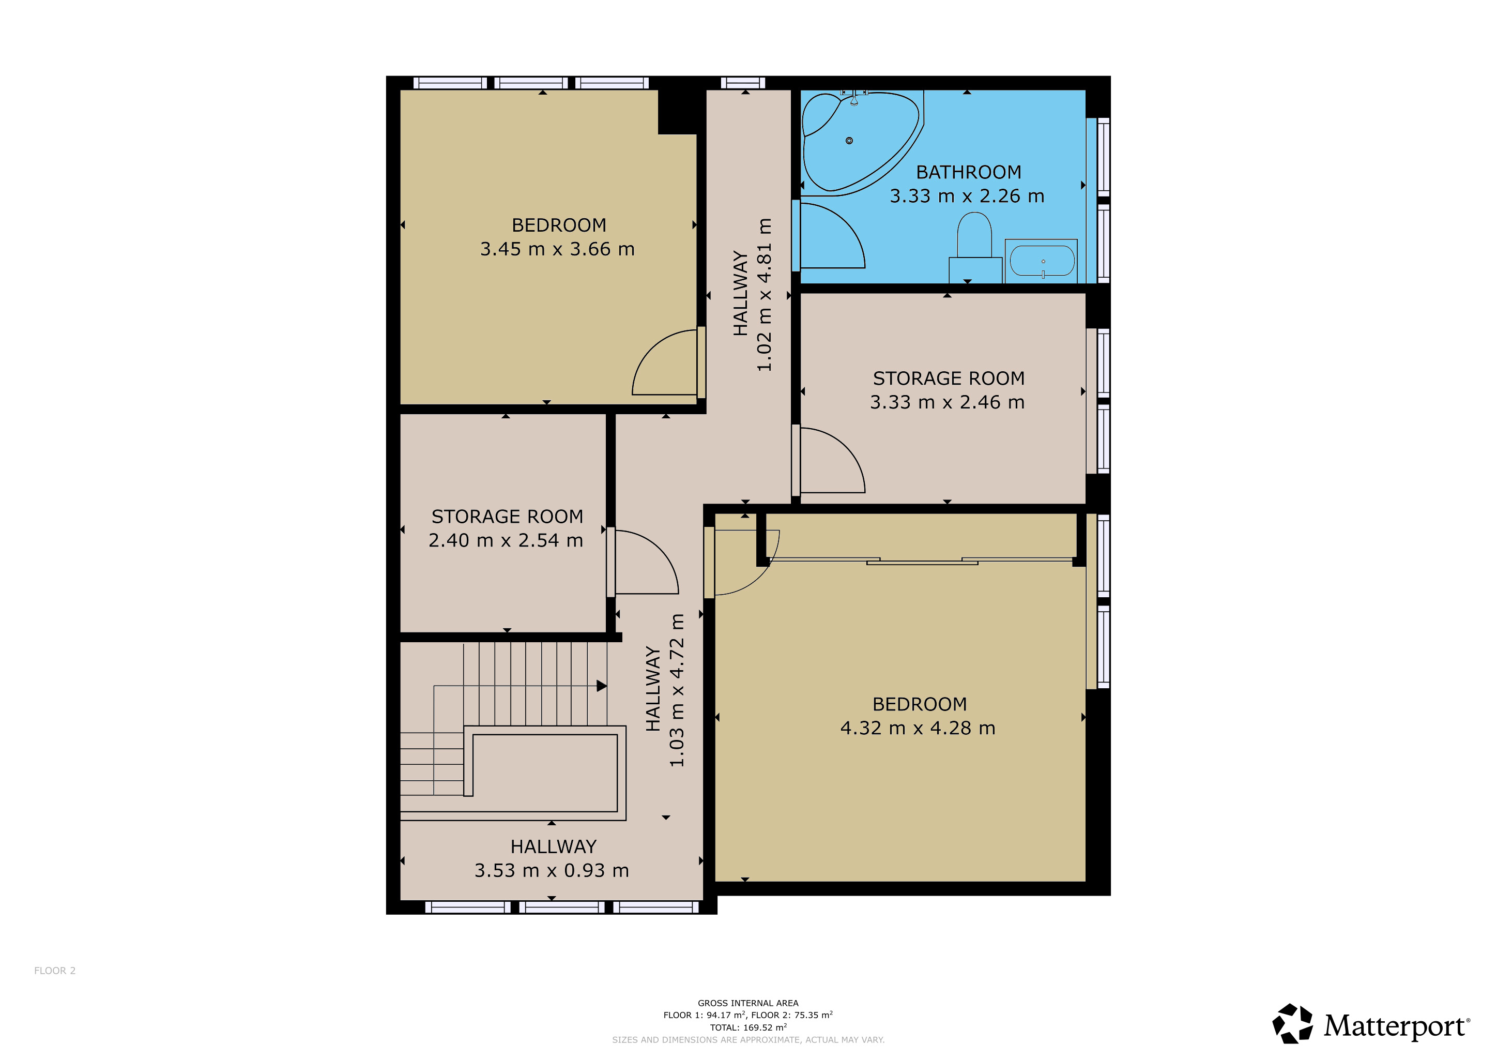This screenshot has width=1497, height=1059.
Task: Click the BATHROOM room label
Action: (x=968, y=172)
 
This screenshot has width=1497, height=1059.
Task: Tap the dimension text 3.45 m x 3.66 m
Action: (x=557, y=249)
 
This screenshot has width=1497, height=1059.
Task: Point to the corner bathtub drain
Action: (x=849, y=141)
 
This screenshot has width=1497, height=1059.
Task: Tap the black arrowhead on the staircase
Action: (x=601, y=686)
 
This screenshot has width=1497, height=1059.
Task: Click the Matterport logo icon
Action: (x=1293, y=1024)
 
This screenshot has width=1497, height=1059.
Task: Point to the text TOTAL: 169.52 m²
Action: (x=748, y=1027)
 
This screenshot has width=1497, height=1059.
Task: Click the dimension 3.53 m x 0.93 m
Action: (x=552, y=871)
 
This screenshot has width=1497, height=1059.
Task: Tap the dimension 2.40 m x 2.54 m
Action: (x=506, y=540)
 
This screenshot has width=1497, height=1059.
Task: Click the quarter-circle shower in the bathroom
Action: (x=832, y=236)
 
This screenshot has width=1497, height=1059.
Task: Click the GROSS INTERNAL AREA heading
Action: (x=748, y=1003)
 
